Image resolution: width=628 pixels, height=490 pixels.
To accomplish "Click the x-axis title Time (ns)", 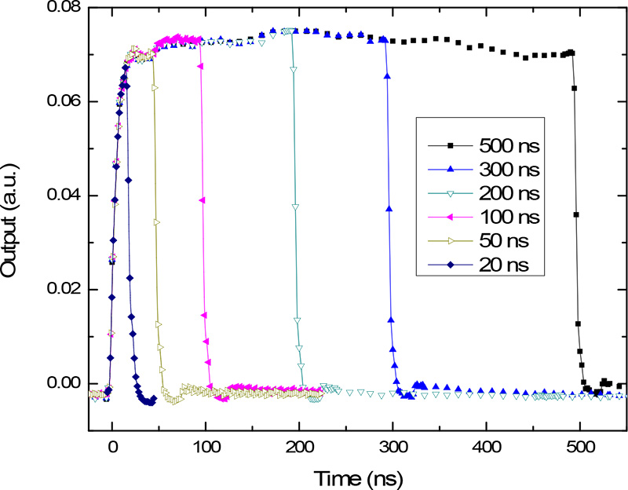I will [360, 477].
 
